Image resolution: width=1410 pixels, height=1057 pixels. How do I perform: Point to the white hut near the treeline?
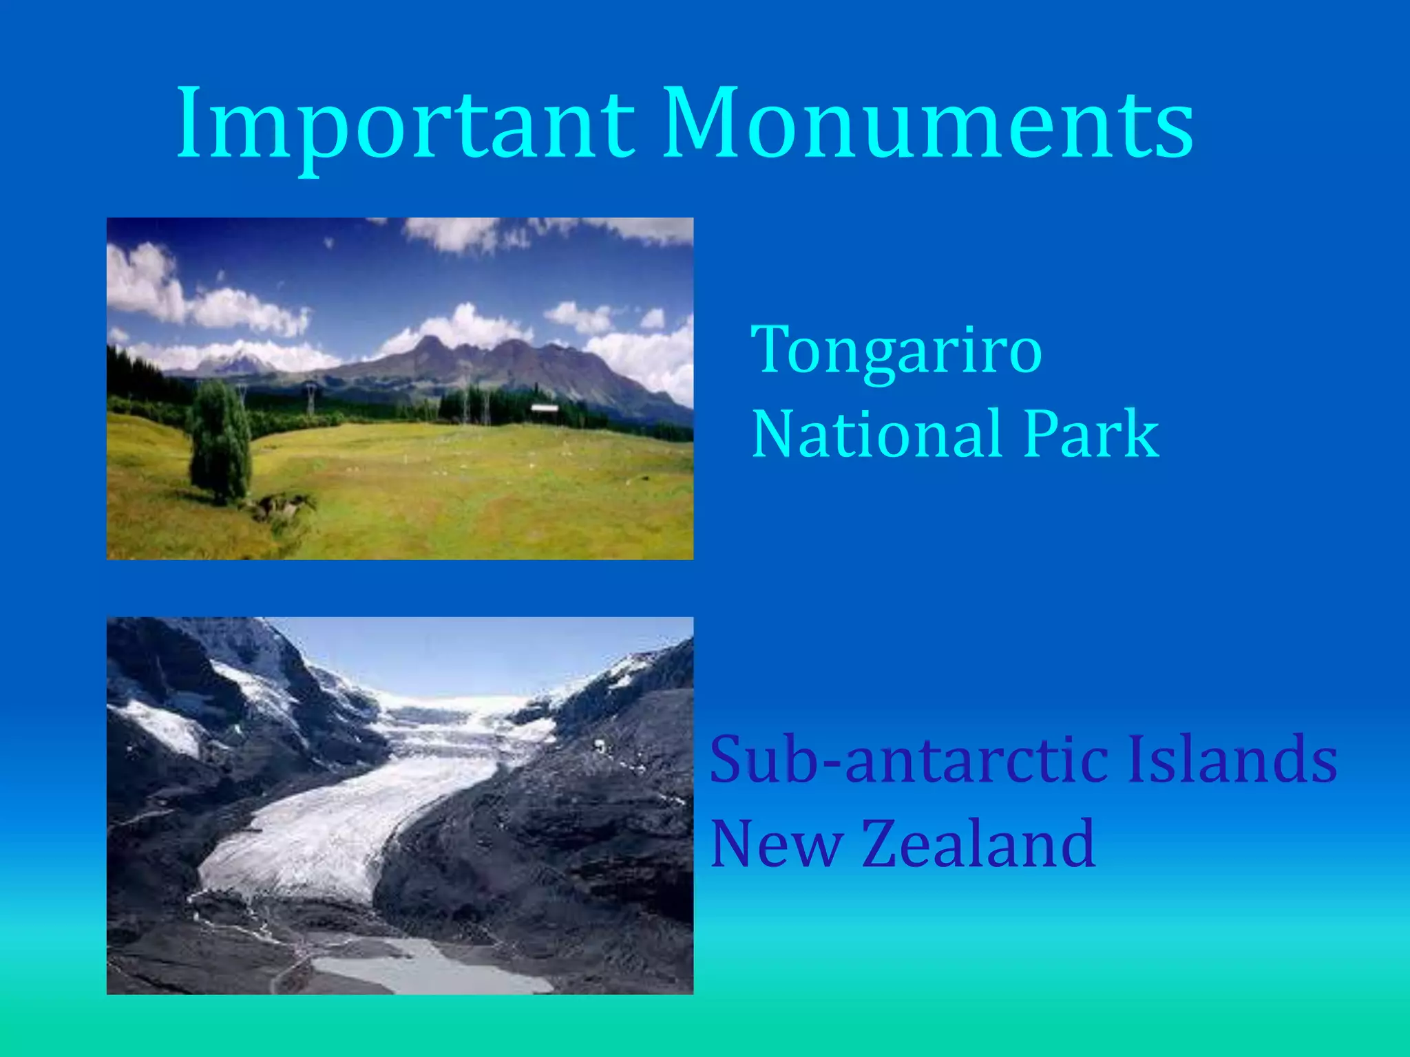coord(544,409)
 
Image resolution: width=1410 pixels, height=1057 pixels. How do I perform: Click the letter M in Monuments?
coord(702,124)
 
